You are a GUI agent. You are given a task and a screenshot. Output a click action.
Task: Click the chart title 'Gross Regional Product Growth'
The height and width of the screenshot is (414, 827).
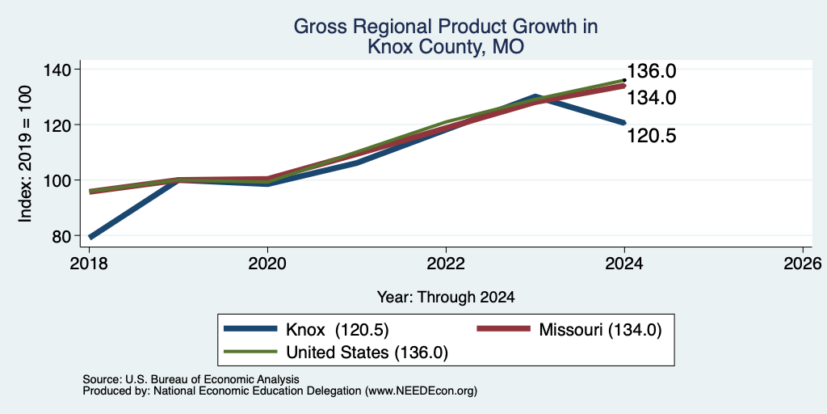[x=446, y=27]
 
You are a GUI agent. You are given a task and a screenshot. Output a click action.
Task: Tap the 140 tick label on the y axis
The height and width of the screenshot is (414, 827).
[x=64, y=70]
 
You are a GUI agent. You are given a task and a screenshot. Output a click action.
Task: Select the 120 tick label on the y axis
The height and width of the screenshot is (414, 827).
[x=64, y=125]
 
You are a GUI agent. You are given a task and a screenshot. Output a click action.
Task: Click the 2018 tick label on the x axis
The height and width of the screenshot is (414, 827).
[x=90, y=263]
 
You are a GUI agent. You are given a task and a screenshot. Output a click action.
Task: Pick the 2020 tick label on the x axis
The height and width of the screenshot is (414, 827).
[x=268, y=263]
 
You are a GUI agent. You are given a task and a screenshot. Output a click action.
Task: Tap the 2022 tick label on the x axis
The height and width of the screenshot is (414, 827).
[x=446, y=263]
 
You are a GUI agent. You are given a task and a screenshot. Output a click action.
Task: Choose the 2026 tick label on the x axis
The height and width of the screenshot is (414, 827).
[x=803, y=263]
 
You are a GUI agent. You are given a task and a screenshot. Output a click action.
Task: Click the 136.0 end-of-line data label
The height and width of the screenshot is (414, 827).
[x=651, y=72]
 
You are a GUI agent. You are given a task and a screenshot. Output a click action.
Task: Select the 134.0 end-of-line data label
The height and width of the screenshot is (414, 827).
[x=651, y=98]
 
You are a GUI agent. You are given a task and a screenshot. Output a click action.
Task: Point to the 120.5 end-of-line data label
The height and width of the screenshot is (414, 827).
[x=651, y=136]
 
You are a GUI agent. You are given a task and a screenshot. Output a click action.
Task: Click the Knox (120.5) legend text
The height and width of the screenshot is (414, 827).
[x=337, y=330]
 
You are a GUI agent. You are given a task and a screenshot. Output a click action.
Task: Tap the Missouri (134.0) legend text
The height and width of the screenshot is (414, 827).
[x=600, y=330]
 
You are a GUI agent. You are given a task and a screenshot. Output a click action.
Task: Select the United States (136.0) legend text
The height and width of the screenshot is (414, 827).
[x=367, y=353]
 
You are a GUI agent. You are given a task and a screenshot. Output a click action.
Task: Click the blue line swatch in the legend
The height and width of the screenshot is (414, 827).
[x=250, y=329]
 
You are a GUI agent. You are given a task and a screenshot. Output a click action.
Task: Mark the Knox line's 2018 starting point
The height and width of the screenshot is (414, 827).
[x=90, y=237]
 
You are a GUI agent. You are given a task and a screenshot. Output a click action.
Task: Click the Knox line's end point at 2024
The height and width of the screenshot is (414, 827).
[x=624, y=123]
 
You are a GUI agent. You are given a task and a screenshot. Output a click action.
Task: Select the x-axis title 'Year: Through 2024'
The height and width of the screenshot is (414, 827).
[x=446, y=298]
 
